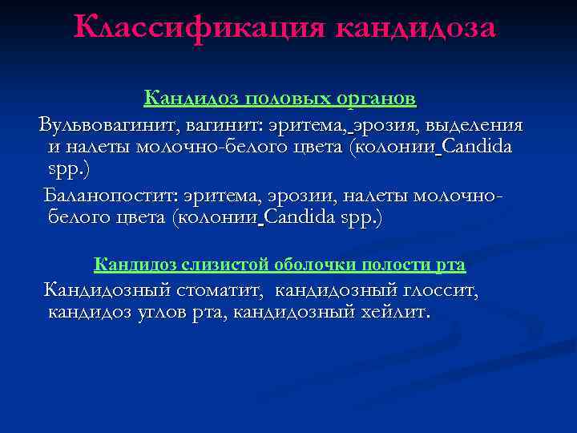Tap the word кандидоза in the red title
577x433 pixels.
[x=417, y=27]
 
